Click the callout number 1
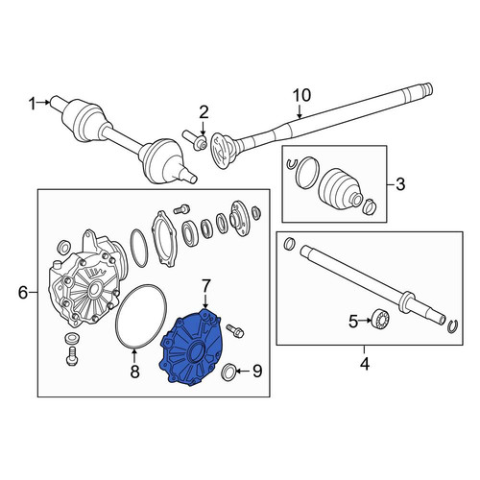coord(32,104)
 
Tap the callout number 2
coord(204,112)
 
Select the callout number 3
coord(400,184)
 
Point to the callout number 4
coord(365,364)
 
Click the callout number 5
coord(353,322)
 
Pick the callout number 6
coord(23,292)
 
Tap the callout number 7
coord(205,286)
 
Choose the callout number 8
coord(134,372)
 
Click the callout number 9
coord(257,371)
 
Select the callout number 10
coord(301,95)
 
